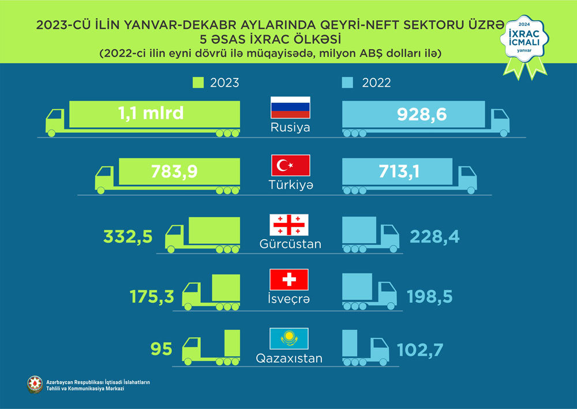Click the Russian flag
(x=291, y=108)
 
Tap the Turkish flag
(x=291, y=166)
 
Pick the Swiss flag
(x=289, y=280)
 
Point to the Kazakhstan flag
(x=289, y=338)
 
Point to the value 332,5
(x=128, y=236)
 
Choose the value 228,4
(x=434, y=236)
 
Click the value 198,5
(x=430, y=296)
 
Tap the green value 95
(x=161, y=349)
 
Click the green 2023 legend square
(x=198, y=83)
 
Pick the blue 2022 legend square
(x=347, y=83)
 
